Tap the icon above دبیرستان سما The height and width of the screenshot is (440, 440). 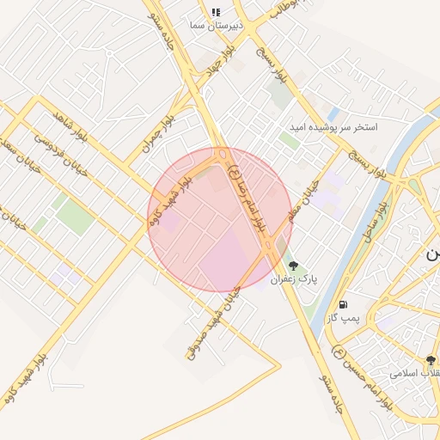coord(216,12)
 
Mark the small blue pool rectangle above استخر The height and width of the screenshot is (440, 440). coord(333,113)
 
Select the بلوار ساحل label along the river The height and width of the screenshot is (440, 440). coord(377,220)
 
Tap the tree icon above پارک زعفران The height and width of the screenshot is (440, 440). coord(294,266)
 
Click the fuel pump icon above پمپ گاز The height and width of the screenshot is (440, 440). coord(344,304)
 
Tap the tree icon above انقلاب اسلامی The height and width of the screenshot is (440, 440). coord(431,361)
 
